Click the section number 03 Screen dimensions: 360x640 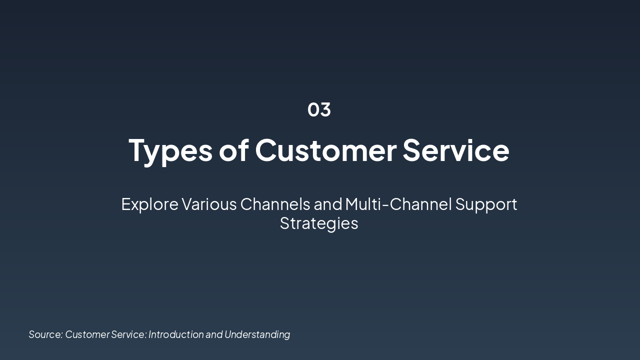pyautogui.click(x=319, y=109)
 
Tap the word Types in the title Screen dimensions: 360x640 pyautogui.click(x=170, y=150)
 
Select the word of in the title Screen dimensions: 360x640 pyautogui.click(x=233, y=150)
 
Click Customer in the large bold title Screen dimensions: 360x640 pyautogui.click(x=325, y=150)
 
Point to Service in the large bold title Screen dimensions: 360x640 pyautogui.click(x=455, y=150)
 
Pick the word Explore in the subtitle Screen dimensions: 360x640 pyautogui.click(x=149, y=204)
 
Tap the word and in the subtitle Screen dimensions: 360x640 pyautogui.click(x=328, y=204)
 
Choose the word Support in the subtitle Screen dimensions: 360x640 pyautogui.click(x=486, y=204)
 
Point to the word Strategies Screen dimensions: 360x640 pyautogui.click(x=319, y=223)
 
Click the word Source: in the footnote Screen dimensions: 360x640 pyautogui.click(x=45, y=334)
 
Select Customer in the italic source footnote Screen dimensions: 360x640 pyautogui.click(x=87, y=334)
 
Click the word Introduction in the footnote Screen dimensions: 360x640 pyautogui.click(x=176, y=334)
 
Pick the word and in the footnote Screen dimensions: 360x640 pyautogui.click(x=214, y=334)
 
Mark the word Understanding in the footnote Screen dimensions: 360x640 pyautogui.click(x=257, y=334)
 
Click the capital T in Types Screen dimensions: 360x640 pyautogui.click(x=137, y=150)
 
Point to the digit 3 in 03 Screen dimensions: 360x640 pyautogui.click(x=325, y=109)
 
